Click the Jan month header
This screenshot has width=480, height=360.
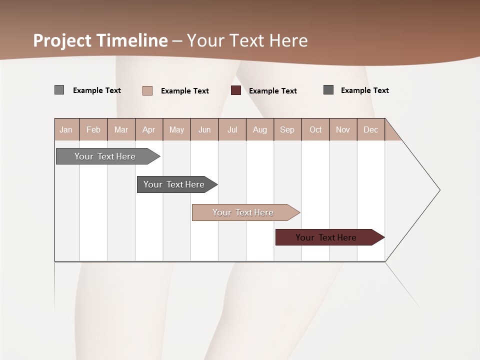pyautogui.click(x=66, y=129)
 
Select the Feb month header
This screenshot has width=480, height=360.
pyautogui.click(x=93, y=129)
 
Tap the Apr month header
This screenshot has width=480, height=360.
pyautogui.click(x=148, y=129)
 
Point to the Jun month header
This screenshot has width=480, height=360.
pyautogui.click(x=204, y=129)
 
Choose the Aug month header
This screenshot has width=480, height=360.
pyautogui.click(x=259, y=129)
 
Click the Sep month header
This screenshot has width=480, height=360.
pyautogui.click(x=287, y=129)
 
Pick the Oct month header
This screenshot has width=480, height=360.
pyautogui.click(x=315, y=129)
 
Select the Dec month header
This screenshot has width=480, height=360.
pyautogui.click(x=370, y=129)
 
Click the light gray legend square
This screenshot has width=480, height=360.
pyautogui.click(x=59, y=90)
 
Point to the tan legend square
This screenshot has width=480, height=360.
pyautogui.click(x=147, y=90)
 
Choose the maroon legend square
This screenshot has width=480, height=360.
pyautogui.click(x=236, y=90)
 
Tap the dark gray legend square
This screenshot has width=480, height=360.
pyautogui.click(x=328, y=90)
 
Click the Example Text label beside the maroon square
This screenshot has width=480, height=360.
pyautogui.click(x=272, y=90)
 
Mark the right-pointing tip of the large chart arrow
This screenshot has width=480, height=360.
pyautogui.click(x=439, y=190)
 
